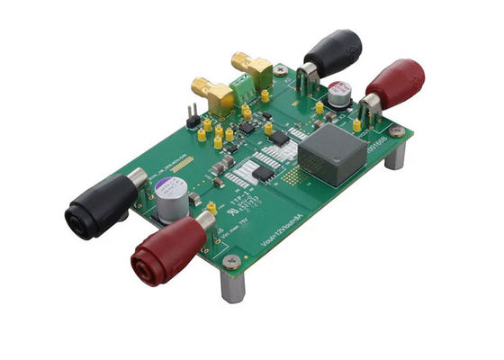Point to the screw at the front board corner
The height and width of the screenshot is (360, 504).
pos(232,261)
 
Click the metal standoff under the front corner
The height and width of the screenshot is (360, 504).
pos(232,286)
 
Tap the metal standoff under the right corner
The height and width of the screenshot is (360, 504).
pos(394,155)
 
